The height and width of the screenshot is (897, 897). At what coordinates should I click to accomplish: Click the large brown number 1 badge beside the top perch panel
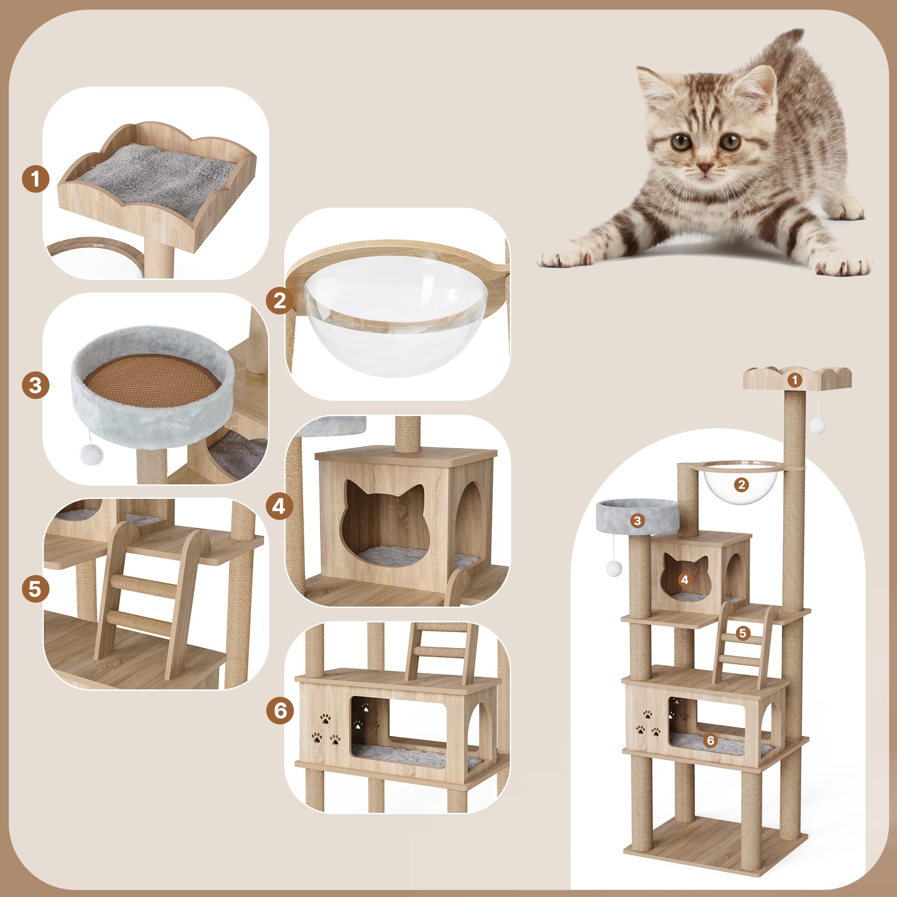(x=35, y=179)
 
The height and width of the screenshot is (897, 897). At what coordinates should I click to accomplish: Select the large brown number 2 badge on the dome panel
(x=279, y=300)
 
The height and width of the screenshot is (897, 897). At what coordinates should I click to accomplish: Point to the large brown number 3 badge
(x=35, y=385)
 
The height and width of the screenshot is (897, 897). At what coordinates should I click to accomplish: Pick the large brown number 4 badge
(x=279, y=505)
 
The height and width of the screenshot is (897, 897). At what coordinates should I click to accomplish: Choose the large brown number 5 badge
(x=35, y=589)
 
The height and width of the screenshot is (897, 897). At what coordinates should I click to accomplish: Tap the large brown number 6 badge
(x=279, y=710)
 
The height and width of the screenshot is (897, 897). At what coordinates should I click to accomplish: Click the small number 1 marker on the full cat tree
(x=795, y=380)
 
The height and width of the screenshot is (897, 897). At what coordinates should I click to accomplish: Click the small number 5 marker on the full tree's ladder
(x=743, y=633)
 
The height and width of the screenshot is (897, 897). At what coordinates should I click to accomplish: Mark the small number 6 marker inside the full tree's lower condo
(x=710, y=740)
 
